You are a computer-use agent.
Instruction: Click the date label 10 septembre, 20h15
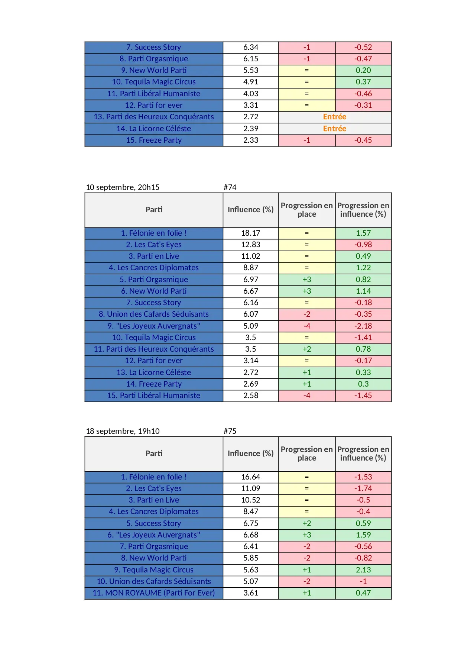[123, 187]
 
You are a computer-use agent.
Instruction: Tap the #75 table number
[230, 431]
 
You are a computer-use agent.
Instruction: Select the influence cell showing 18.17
[251, 233]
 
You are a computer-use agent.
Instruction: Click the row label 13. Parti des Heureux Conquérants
[154, 117]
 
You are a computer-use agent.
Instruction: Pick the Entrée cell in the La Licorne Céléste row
[334, 129]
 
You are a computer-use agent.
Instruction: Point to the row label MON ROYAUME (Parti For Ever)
[154, 593]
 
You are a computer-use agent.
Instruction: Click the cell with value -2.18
[363, 326]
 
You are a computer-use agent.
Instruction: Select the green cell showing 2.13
[363, 570]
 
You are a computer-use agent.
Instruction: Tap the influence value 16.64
[251, 477]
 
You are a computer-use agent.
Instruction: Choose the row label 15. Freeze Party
[154, 140]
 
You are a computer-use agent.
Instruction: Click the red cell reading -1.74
[363, 488]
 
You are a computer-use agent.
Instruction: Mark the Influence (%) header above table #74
[251, 210]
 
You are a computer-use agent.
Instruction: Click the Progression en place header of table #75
[306, 454]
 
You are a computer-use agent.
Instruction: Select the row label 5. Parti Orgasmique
[154, 280]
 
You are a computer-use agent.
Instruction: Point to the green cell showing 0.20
[363, 70]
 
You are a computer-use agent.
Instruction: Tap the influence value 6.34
[251, 47]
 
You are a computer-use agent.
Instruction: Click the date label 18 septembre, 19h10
[123, 431]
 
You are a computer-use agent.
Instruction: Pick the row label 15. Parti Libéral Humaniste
[154, 396]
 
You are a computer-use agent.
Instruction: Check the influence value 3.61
[251, 593]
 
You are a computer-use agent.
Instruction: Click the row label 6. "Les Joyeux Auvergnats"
[154, 535]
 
